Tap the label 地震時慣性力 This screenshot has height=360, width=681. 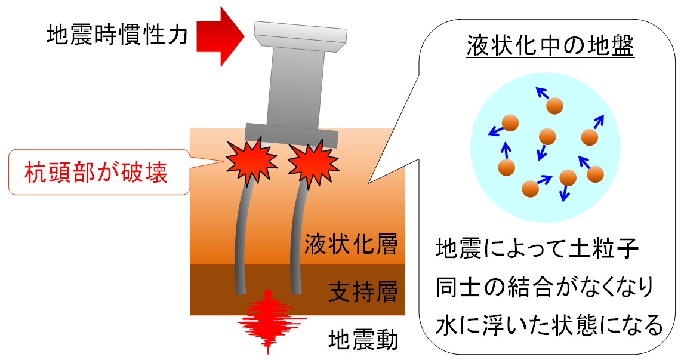click(x=118, y=36)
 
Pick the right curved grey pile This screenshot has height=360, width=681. click(x=297, y=239)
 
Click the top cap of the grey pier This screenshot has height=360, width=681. click(x=300, y=36)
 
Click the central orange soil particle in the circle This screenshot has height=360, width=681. click(x=547, y=137)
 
